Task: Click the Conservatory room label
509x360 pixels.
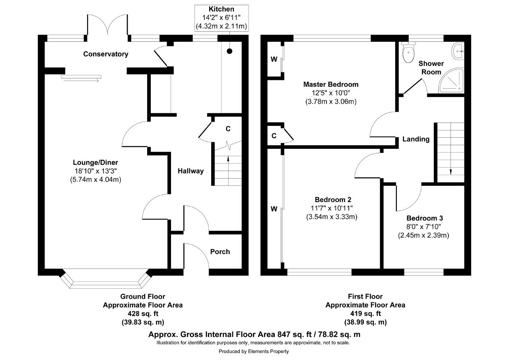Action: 105,54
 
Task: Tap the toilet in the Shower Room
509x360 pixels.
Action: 408,54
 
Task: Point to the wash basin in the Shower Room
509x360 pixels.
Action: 458,51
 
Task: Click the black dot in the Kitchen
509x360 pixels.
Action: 229,51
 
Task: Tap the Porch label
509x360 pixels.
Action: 220,251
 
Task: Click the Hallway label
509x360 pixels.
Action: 190,171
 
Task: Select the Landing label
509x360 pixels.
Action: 416,139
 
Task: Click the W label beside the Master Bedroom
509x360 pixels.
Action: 274,60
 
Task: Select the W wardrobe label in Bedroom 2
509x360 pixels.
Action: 274,209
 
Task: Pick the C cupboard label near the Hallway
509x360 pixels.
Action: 228,129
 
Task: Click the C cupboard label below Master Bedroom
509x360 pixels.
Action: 274,136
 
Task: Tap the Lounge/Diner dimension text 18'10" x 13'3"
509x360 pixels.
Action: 95,171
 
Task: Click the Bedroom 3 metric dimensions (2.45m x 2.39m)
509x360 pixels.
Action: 424,235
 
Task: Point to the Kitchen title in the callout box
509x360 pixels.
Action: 221,9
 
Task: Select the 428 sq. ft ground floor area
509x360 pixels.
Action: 142,314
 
